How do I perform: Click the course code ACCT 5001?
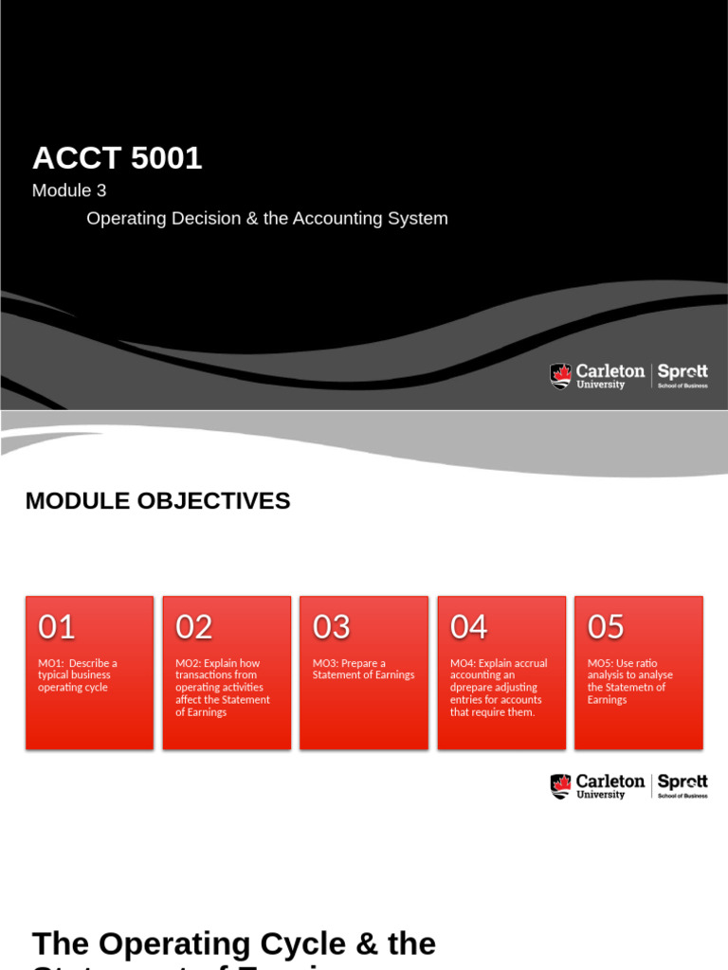tap(117, 158)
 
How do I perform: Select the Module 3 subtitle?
tap(69, 190)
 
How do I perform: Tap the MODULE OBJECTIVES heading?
tap(157, 501)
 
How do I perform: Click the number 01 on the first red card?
tap(57, 627)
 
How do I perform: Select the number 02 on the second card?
tap(194, 627)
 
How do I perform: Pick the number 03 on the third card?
tap(332, 627)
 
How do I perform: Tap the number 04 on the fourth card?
tap(469, 627)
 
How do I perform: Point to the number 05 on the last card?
tap(607, 627)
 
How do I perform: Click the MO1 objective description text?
tap(78, 675)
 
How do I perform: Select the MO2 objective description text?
tap(223, 688)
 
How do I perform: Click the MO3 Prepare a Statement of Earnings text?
tap(364, 669)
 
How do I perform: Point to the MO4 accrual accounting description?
tap(499, 688)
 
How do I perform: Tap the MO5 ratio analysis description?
tap(630, 681)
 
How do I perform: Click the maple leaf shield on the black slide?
tap(561, 376)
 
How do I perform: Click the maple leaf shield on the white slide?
tap(561, 786)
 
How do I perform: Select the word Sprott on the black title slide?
tap(682, 371)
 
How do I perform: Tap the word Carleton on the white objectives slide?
tap(610, 781)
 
